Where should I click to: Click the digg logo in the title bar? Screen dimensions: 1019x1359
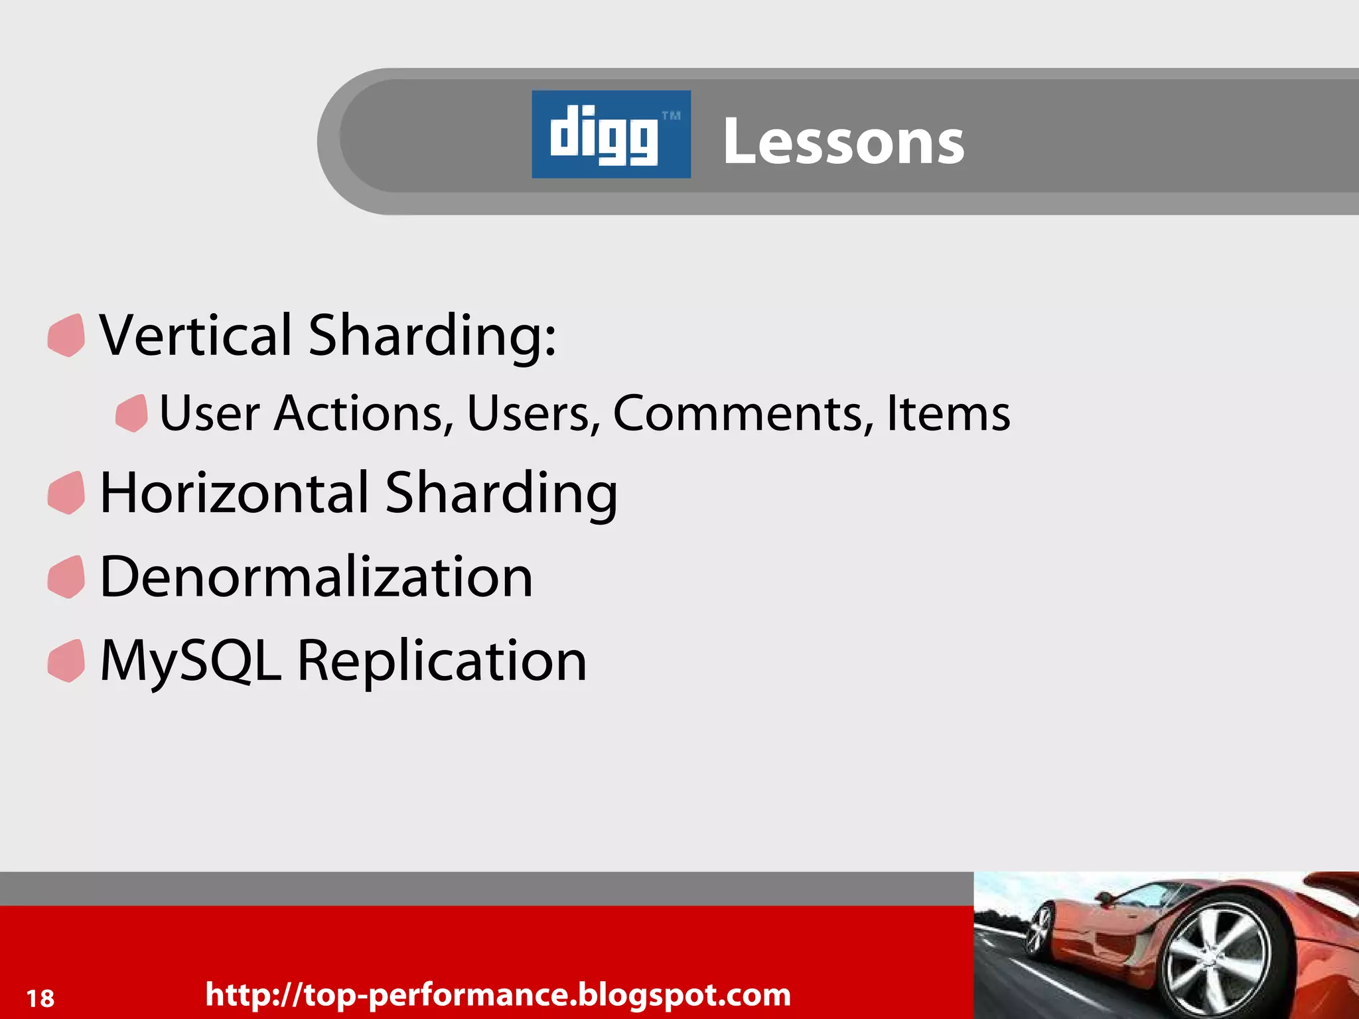pyautogui.click(x=610, y=134)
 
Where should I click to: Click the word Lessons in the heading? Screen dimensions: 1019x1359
pyautogui.click(x=843, y=141)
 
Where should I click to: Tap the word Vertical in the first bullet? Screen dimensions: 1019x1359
pyautogui.click(x=196, y=335)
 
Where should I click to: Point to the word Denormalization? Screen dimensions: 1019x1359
pyautogui.click(x=316, y=577)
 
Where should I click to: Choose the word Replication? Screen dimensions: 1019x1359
pyautogui.click(x=442, y=661)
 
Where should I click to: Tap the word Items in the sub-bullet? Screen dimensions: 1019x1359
pyautogui.click(x=948, y=413)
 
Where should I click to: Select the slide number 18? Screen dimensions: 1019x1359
pyautogui.click(x=40, y=998)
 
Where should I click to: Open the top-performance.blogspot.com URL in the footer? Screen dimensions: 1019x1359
pyautogui.click(x=498, y=994)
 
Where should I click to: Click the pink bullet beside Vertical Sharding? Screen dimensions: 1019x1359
pyautogui.click(x=66, y=335)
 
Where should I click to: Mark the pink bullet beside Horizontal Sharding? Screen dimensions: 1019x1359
pyautogui.click(x=66, y=492)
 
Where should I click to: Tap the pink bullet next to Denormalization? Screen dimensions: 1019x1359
pyautogui.click(x=66, y=577)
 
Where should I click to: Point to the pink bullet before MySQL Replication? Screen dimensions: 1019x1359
pyautogui.click(x=66, y=661)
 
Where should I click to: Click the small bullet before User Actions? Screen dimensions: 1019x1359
pyautogui.click(x=131, y=413)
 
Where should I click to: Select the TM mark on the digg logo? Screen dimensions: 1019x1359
pyautogui.click(x=671, y=116)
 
